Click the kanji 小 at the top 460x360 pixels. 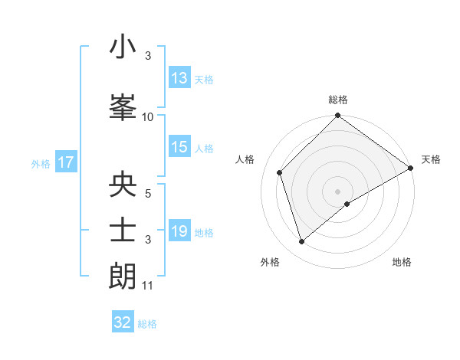pyautogui.click(x=123, y=47)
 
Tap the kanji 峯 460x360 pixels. pyautogui.click(x=123, y=107)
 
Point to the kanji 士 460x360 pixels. pyautogui.click(x=123, y=231)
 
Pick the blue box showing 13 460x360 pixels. pyautogui.click(x=179, y=78)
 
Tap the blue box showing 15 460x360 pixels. pyautogui.click(x=179, y=147)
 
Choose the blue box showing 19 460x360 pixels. pyautogui.click(x=179, y=231)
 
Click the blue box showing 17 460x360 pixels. pyautogui.click(x=65, y=162)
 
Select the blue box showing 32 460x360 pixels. pyautogui.click(x=123, y=322)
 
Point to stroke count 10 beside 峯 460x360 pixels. pyautogui.click(x=148, y=117)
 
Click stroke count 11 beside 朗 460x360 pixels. pyautogui.click(x=148, y=286)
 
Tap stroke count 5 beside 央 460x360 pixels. pyautogui.click(x=148, y=194)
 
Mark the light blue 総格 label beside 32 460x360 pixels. pyautogui.click(x=147, y=324)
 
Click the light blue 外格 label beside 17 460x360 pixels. pyautogui.click(x=41, y=163)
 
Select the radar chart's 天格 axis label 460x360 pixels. pyautogui.click(x=431, y=159)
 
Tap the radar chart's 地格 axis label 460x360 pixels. pyautogui.click(x=402, y=262)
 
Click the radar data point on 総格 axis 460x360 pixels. pyautogui.click(x=337, y=116)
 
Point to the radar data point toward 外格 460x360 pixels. pyautogui.click(x=302, y=242)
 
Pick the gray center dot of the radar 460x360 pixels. pyautogui.click(x=337, y=191)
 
